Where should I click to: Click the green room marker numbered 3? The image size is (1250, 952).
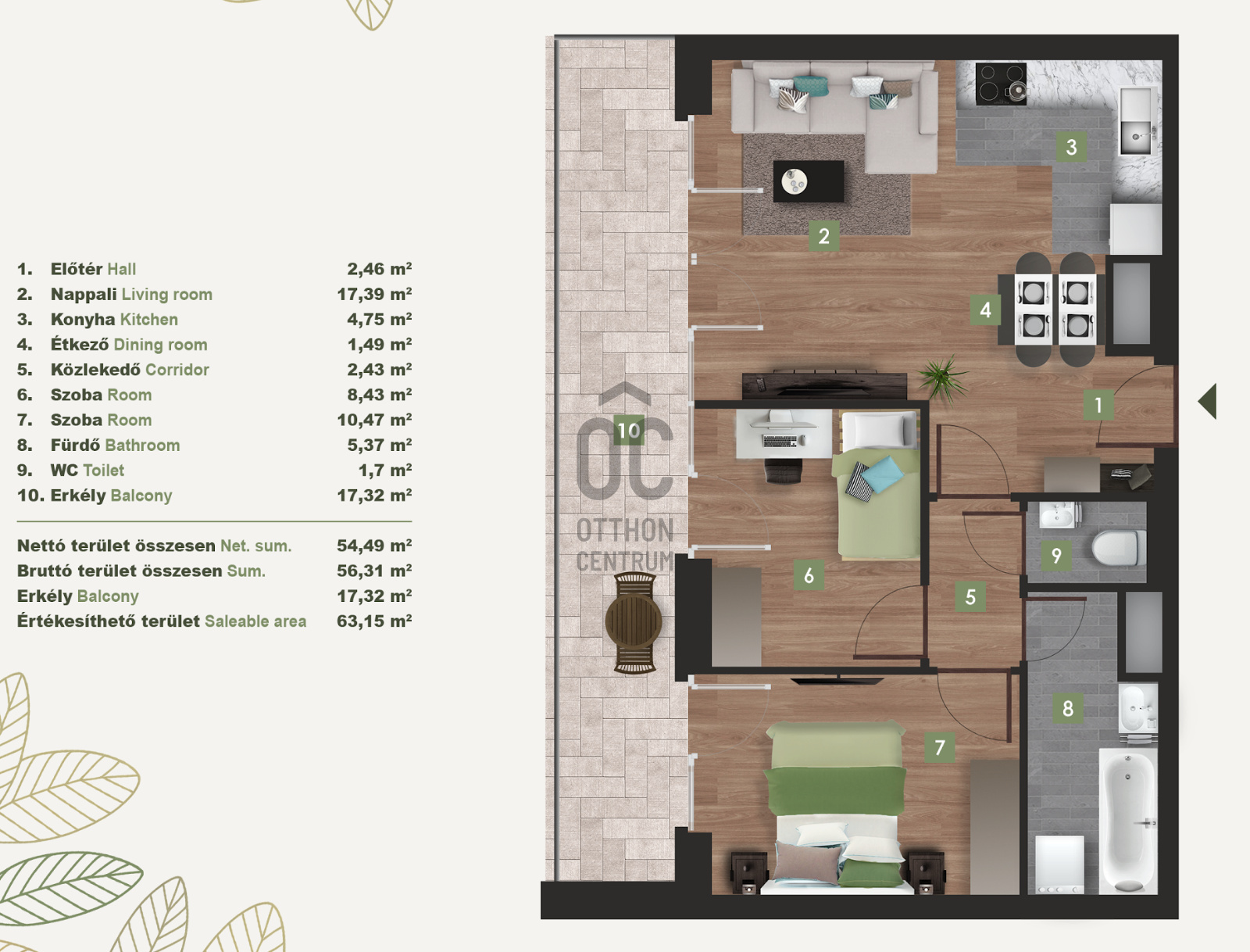pos(1071,147)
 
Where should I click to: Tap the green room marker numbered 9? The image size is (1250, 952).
pos(1056,556)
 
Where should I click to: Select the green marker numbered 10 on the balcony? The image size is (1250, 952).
pos(629,430)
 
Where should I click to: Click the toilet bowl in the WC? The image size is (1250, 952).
pos(1119,548)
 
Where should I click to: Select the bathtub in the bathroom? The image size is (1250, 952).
pos(1128,821)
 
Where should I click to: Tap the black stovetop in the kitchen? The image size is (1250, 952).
pos(1001,84)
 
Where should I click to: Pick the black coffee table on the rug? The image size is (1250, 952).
pos(808,181)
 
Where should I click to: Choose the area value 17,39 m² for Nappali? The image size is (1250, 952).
pos(374,294)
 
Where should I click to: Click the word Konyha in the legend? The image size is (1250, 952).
pos(83,320)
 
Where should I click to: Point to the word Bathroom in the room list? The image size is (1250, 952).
pos(142,445)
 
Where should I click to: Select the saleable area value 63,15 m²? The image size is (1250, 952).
pos(374,621)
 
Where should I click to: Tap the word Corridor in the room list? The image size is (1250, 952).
pos(177,370)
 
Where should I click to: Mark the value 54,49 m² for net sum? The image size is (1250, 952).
pos(374,546)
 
